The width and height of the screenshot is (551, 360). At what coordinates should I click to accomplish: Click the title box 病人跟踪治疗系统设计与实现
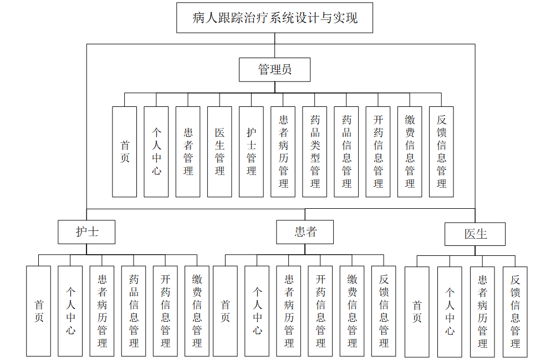(x=274, y=18)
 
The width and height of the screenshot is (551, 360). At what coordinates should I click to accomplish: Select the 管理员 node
(x=274, y=70)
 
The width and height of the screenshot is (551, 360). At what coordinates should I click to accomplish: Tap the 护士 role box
(x=87, y=232)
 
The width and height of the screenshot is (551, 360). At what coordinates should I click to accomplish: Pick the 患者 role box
(x=305, y=232)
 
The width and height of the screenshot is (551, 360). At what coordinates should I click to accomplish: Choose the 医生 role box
(x=475, y=233)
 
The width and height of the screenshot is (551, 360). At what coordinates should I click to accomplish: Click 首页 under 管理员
(x=124, y=152)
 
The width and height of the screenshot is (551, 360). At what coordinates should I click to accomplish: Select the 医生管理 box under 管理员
(x=220, y=152)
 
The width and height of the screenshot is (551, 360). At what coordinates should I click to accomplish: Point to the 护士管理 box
(x=251, y=152)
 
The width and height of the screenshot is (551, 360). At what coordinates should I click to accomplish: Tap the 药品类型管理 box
(x=315, y=152)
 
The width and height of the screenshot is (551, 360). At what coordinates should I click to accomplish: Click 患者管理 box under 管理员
(x=188, y=152)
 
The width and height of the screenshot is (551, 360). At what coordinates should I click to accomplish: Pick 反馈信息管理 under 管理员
(x=441, y=152)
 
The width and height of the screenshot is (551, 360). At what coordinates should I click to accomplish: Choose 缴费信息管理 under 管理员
(x=410, y=152)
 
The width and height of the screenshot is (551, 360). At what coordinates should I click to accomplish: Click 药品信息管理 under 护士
(x=134, y=311)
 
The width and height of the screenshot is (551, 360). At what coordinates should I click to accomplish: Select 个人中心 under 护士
(x=70, y=311)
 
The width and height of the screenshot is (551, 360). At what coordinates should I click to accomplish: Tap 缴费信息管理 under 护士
(x=197, y=311)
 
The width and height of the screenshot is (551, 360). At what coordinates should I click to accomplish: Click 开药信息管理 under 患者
(x=320, y=311)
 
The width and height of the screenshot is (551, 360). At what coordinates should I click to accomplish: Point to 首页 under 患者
(x=225, y=311)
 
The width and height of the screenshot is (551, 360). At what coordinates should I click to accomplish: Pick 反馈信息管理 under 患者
(x=384, y=311)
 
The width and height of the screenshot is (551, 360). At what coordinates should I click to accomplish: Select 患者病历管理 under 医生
(x=482, y=312)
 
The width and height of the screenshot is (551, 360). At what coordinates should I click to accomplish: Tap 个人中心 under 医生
(x=450, y=312)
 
